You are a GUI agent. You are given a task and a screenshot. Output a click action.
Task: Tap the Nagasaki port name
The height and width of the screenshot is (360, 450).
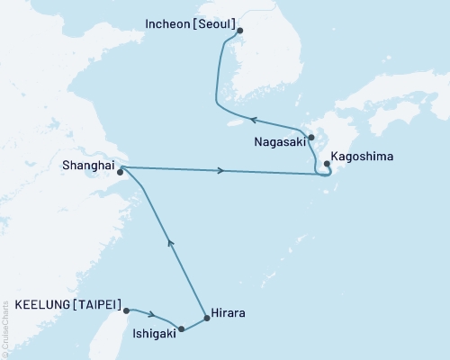(x=276, y=141)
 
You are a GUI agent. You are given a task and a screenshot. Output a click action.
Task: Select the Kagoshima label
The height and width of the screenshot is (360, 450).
(x=363, y=157)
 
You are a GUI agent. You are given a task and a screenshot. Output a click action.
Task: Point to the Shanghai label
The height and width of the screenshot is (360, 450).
(x=88, y=164)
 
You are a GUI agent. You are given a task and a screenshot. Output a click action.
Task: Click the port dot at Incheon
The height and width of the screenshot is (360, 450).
(x=239, y=30)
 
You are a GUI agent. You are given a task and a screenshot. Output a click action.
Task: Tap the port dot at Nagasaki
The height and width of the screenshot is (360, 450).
(x=310, y=139)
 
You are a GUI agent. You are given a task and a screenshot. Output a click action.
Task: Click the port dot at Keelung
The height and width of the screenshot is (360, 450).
(x=127, y=310)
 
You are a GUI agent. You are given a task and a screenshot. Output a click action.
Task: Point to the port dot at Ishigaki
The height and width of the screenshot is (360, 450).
(x=182, y=329)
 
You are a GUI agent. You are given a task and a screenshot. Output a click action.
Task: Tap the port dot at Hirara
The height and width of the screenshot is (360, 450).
(x=206, y=318)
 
